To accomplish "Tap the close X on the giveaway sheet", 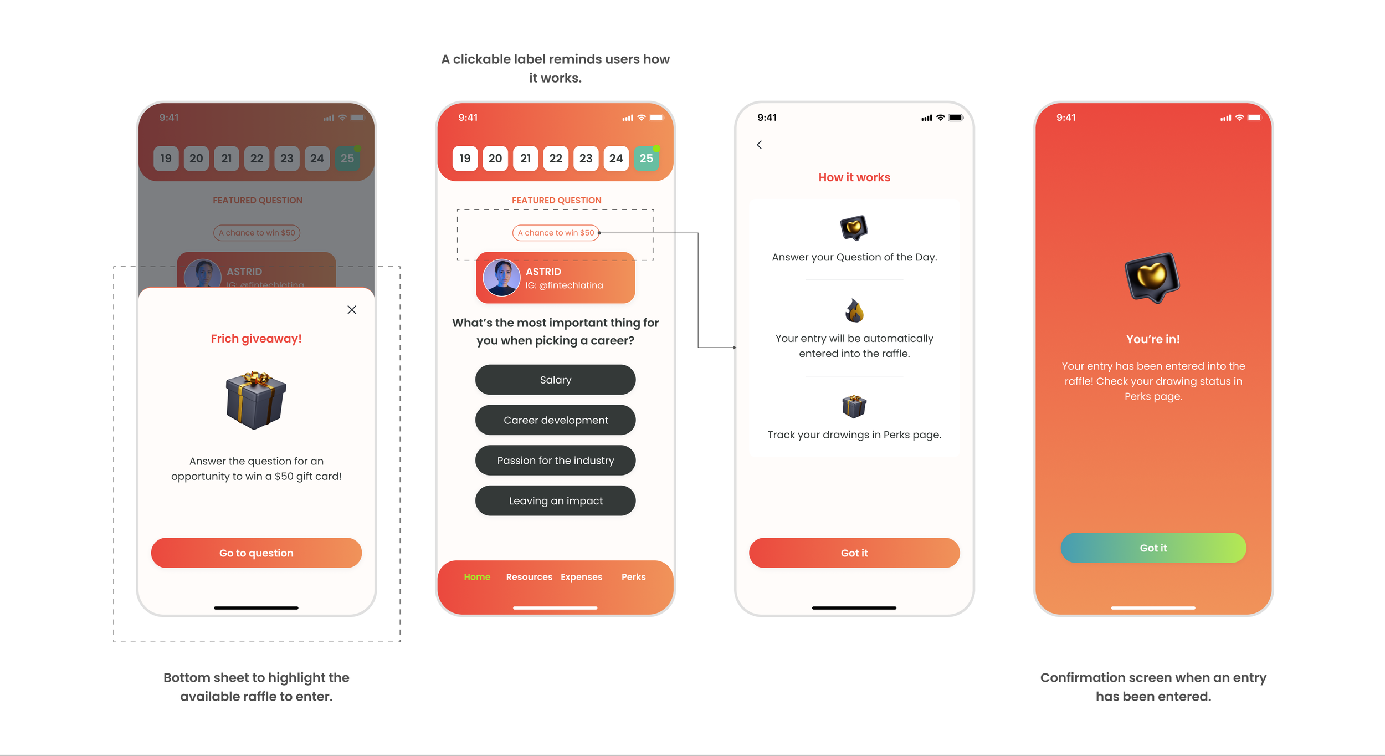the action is tap(352, 310).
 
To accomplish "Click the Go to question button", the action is tap(256, 553).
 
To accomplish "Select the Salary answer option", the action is tap(555, 380).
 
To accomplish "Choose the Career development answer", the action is tap(555, 420).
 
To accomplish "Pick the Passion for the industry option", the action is tap(555, 461).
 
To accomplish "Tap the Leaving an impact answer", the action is tap(555, 501).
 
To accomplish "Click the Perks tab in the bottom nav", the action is tap(633, 577).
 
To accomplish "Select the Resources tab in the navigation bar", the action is tap(529, 577).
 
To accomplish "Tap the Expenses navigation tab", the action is tap(581, 577).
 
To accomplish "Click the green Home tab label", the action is tap(477, 577).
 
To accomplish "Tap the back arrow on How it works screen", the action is tap(760, 145).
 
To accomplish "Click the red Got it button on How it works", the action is tap(854, 553).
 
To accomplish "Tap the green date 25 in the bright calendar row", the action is tap(646, 159).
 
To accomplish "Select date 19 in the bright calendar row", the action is tap(465, 159).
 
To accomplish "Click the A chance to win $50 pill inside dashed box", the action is tap(556, 233).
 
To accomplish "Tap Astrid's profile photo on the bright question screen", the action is tap(501, 277).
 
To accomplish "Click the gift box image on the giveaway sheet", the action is tap(256, 400).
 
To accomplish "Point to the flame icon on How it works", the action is tap(854, 310).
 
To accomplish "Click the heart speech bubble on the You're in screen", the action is tap(1152, 277).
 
